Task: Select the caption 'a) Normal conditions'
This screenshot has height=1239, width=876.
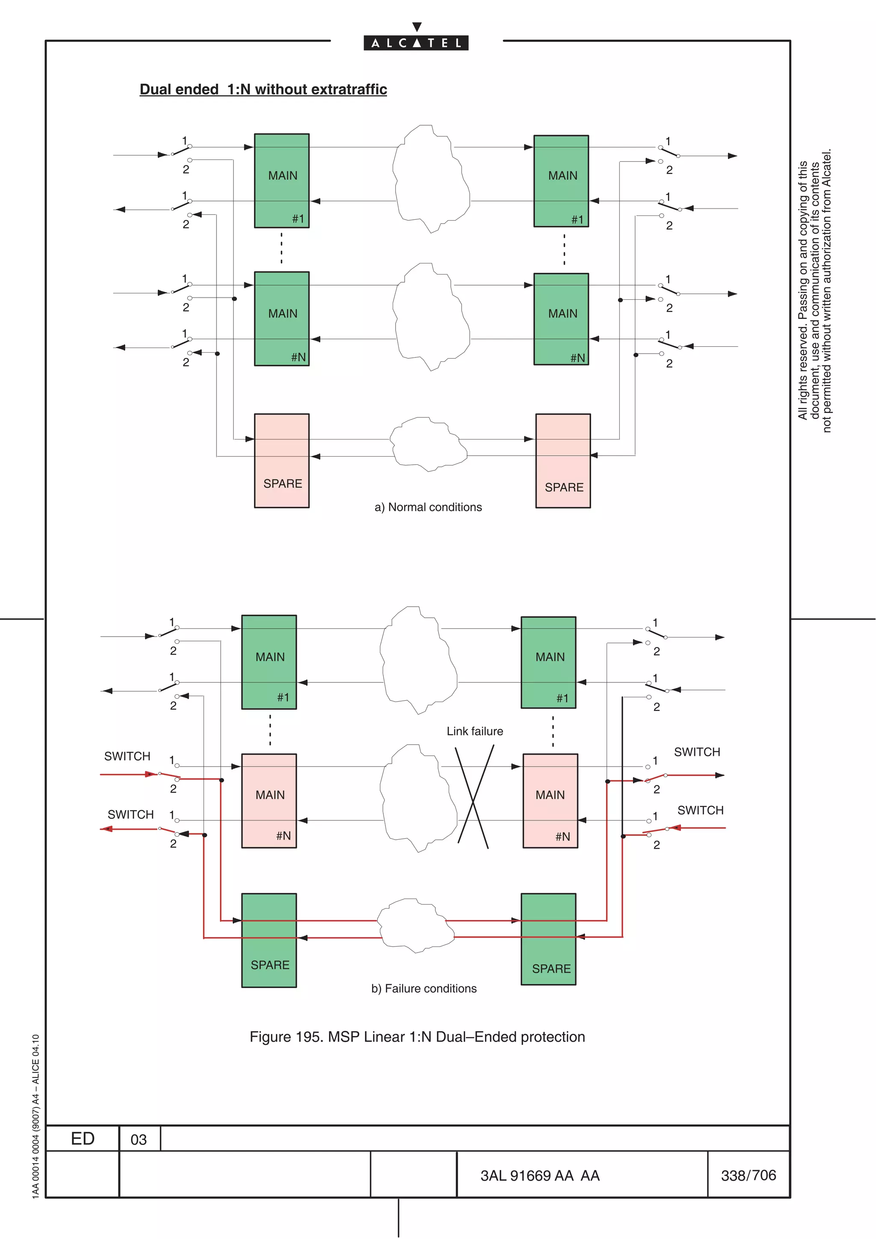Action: pos(428,507)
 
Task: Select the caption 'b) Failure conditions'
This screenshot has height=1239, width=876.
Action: pos(424,988)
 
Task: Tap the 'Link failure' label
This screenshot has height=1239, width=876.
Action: pos(474,731)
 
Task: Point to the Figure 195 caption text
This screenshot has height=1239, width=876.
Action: pos(417,1037)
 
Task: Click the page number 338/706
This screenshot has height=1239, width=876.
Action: pos(748,1175)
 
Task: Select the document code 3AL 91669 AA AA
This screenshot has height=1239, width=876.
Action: pos(540,1176)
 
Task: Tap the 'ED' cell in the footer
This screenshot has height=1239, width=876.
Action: pos(83,1139)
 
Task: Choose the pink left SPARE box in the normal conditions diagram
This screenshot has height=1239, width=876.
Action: pos(282,460)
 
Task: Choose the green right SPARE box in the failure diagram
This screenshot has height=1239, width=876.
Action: pos(548,939)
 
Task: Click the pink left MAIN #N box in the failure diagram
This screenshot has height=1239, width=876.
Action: pos(269,800)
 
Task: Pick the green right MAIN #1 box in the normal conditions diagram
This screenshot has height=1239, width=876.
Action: pos(561,181)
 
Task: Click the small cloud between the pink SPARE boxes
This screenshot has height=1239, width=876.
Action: pos(428,444)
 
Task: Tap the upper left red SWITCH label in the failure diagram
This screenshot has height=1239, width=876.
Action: pos(127,756)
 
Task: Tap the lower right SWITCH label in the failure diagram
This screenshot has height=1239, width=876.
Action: pos(700,810)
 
